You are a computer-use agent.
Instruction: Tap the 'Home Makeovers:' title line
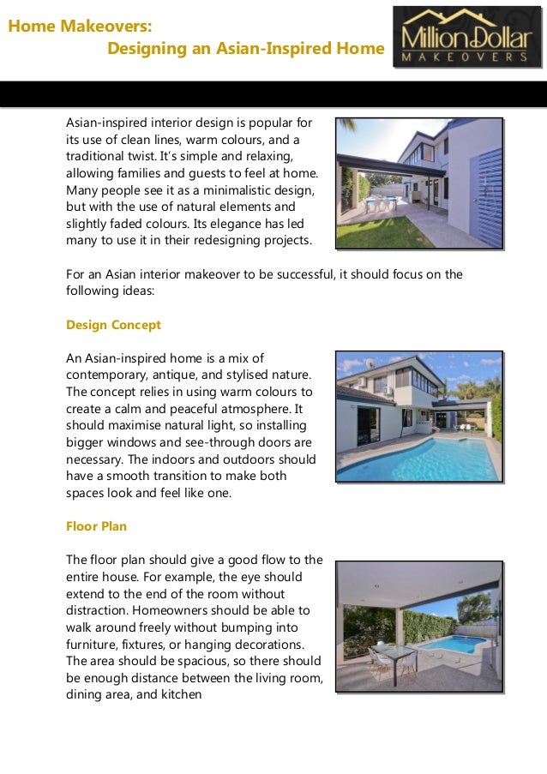tap(74, 26)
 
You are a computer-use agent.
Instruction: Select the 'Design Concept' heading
tap(113, 326)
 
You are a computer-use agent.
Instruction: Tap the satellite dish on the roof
tap(370, 363)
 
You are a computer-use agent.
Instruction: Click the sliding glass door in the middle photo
tap(369, 425)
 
